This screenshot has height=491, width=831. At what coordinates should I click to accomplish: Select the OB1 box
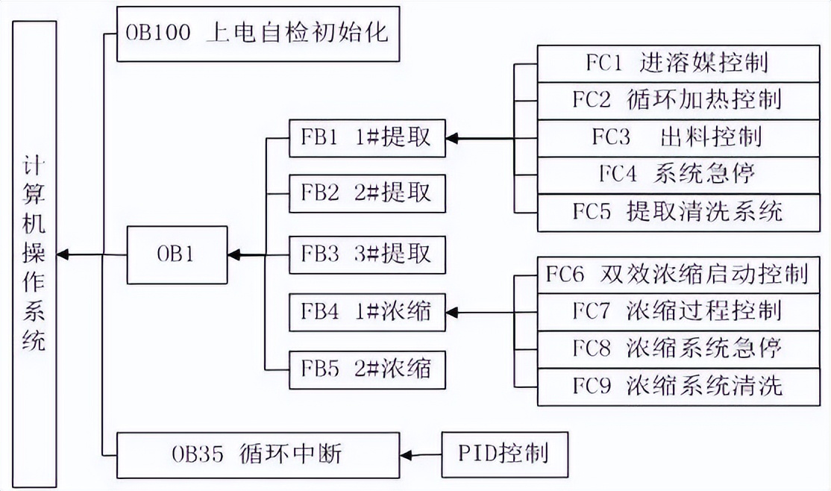pyautogui.click(x=177, y=255)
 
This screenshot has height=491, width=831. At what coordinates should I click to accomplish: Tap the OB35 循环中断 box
pyautogui.click(x=258, y=453)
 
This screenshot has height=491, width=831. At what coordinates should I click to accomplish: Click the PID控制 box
pyautogui.click(x=504, y=454)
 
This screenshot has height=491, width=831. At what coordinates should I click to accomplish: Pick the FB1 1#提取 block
pyautogui.click(x=367, y=138)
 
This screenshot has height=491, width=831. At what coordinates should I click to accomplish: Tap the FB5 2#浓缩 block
pyautogui.click(x=367, y=369)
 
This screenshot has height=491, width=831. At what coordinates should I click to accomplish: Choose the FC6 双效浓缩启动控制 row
pyautogui.click(x=683, y=275)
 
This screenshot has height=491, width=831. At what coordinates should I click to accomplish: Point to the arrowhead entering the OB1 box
pyautogui.click(x=235, y=255)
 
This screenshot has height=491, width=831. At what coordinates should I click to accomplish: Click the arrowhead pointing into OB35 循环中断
pyautogui.click(x=407, y=454)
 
